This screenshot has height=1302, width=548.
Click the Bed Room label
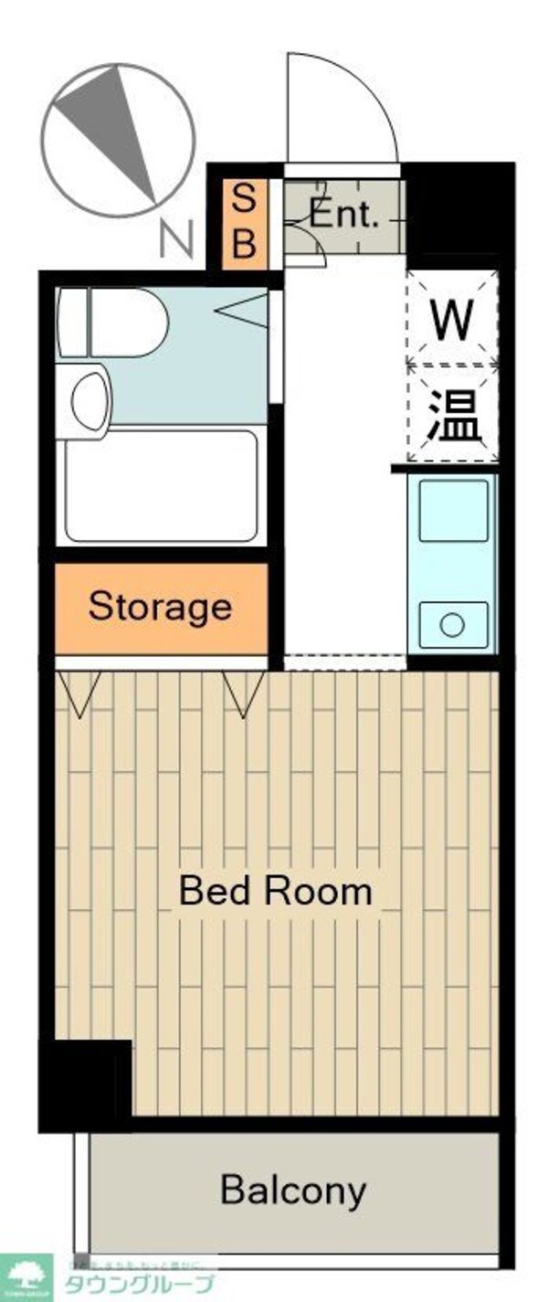(275, 891)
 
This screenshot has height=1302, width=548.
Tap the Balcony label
(293, 1191)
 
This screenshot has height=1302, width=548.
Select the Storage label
(160, 607)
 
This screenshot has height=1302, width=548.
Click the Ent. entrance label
(343, 216)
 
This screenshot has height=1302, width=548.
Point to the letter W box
(453, 319)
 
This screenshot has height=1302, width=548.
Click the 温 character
(454, 416)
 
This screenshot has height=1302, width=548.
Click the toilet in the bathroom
(114, 323)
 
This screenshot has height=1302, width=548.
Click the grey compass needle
(110, 123)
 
